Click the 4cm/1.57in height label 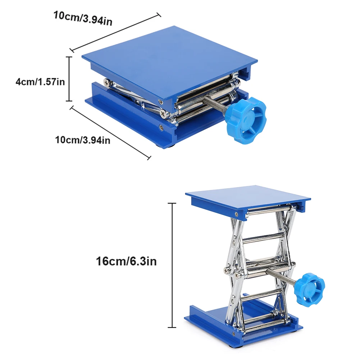point(40,82)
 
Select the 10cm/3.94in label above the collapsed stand point(83,18)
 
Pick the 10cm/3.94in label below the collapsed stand point(83,140)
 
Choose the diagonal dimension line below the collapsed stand point(110,132)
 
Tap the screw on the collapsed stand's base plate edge point(160,127)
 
